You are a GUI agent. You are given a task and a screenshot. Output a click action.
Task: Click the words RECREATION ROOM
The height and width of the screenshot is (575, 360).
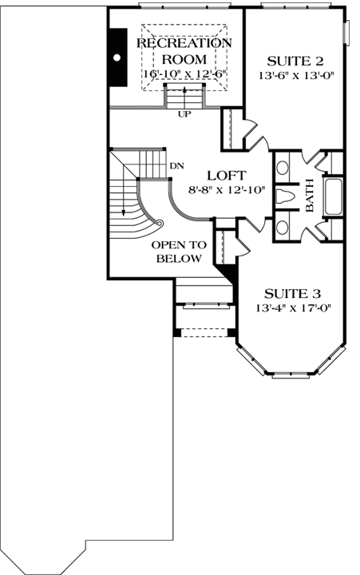[x=184, y=51]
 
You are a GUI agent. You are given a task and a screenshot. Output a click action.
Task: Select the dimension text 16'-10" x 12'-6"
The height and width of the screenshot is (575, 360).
[x=184, y=74]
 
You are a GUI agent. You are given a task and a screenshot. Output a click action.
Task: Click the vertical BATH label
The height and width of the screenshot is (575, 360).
[x=311, y=196]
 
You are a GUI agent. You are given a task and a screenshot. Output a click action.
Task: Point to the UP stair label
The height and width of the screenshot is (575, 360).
[x=184, y=114]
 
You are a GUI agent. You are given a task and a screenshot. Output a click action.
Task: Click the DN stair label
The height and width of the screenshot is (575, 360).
[x=177, y=165]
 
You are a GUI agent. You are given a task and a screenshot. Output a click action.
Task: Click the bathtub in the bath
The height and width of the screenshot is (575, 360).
[x=334, y=196]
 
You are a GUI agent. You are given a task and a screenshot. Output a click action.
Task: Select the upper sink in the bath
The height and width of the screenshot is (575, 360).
[x=283, y=169]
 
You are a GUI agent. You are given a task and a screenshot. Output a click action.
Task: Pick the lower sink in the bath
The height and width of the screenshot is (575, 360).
[x=283, y=225]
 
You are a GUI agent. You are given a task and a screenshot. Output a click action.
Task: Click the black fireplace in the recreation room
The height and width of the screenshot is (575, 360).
[x=118, y=57]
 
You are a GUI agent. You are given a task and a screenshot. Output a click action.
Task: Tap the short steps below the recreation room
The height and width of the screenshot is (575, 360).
[x=184, y=97]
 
